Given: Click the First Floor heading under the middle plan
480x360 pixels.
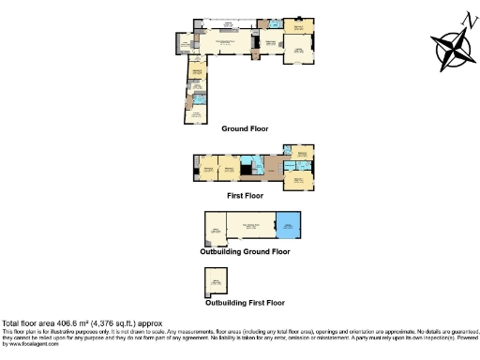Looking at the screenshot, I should coord(245,196).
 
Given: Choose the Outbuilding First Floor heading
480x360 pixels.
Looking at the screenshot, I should coord(244,303).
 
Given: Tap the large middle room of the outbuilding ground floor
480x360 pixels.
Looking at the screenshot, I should coord(249,228).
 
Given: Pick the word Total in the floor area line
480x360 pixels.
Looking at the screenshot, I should coord(12,324).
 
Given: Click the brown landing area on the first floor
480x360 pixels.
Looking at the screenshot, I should coord(273,169).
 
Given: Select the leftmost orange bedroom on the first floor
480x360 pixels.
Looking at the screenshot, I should coord(206,168).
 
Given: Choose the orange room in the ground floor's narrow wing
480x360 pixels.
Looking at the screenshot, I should coord(198,70).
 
